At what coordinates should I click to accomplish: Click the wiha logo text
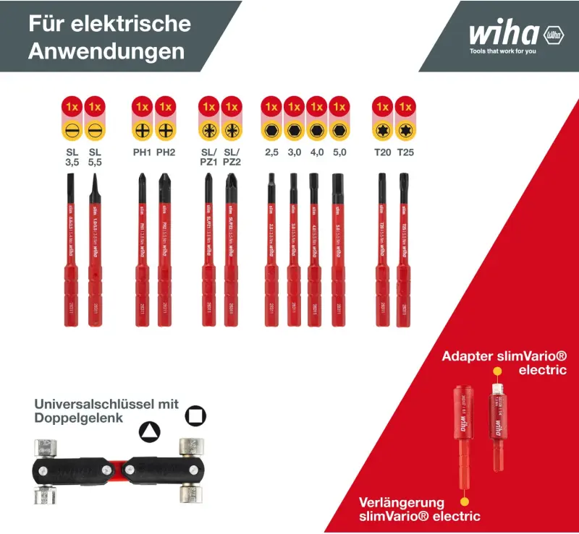[504, 34]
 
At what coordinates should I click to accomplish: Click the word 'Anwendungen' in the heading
[106, 52]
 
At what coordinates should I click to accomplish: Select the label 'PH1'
[142, 152]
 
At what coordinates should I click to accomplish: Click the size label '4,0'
[316, 152]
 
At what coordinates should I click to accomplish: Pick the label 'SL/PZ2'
[232, 157]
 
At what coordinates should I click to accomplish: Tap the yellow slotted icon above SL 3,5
[72, 131]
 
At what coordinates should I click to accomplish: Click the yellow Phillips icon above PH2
[166, 131]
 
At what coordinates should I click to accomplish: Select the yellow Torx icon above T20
[381, 131]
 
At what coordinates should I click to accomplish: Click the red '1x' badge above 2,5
[271, 106]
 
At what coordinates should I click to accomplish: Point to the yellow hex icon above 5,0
[339, 131]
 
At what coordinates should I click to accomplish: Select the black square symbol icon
[195, 415]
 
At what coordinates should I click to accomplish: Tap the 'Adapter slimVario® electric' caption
[504, 363]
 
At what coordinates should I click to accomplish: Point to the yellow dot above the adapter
[497, 371]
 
